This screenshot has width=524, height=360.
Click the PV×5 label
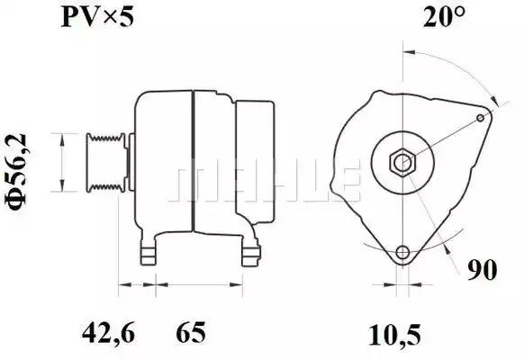pos(97,17)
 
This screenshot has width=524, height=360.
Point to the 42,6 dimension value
pos(108,333)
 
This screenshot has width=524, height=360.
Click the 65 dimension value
pos(191,332)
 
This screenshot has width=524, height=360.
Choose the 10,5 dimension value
pos(394,335)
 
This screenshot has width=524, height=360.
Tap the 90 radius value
pos(482,270)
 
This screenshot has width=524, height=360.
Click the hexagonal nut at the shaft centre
pos(402,163)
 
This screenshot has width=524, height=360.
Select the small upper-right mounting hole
pos(481,118)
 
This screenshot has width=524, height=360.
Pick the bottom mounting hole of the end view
pos(402,252)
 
